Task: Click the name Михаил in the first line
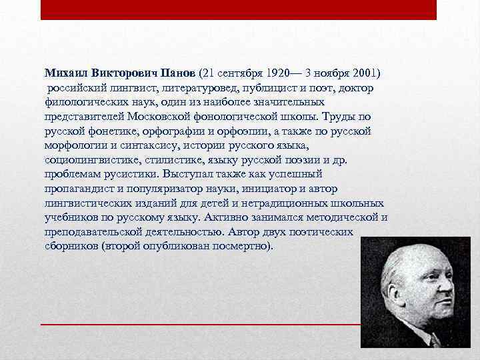(x=65, y=72)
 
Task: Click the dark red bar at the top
(x=238, y=9)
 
